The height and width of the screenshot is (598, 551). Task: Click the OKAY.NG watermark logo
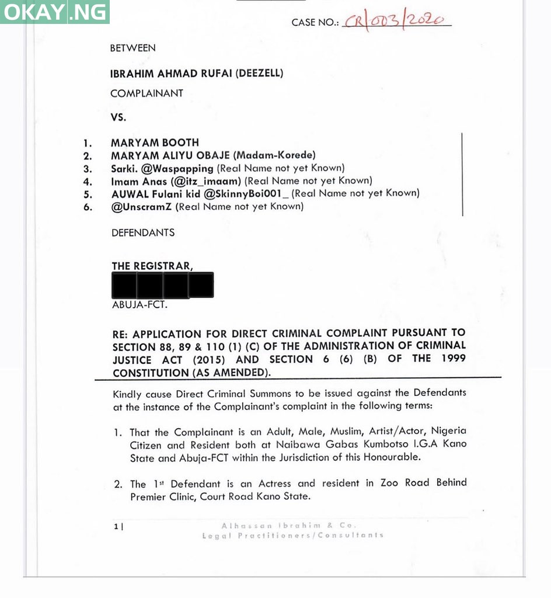(55, 12)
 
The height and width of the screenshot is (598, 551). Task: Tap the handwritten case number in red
(397, 20)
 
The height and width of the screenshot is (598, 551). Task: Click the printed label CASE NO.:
(315, 23)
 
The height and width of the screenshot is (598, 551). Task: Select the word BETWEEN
(132, 48)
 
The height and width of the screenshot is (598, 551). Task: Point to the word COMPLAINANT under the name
(147, 93)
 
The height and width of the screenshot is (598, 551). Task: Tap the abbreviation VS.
(118, 117)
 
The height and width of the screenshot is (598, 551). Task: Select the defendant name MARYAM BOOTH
(155, 142)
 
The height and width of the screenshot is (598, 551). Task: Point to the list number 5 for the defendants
(87, 194)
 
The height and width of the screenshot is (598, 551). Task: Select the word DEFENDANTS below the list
(143, 232)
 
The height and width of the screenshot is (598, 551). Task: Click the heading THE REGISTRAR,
(152, 266)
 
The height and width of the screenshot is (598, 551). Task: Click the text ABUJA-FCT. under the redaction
(134, 304)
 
